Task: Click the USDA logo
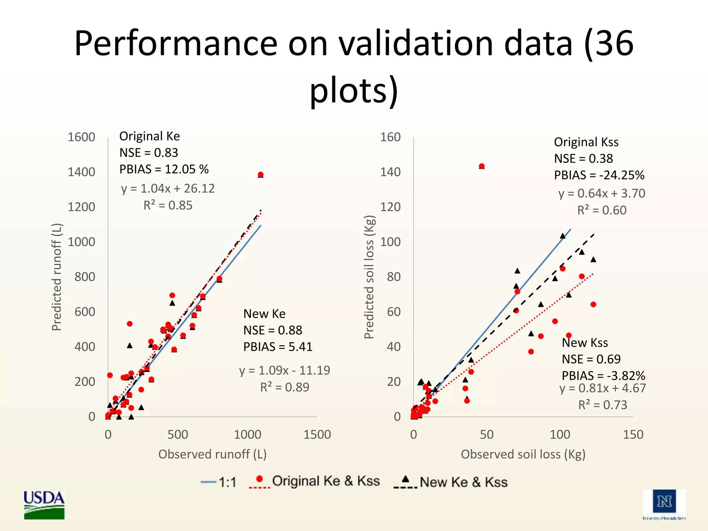44,504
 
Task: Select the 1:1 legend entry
218,482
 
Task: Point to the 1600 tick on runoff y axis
81,137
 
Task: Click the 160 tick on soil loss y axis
390,137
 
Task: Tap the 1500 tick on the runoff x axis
317,435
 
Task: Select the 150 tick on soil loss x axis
633,435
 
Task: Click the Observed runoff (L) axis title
212,454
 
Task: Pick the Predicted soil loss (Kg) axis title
369,277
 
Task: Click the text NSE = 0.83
149,152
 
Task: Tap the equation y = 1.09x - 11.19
285,370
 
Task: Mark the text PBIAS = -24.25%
599,175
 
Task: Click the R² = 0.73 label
603,405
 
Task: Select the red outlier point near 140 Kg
482,166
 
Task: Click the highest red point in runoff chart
261,175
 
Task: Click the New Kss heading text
585,343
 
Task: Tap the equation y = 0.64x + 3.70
602,193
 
